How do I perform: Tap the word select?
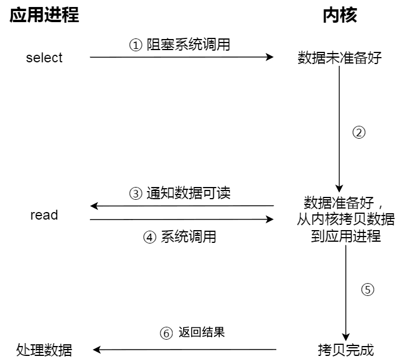point(44,58)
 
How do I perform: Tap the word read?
point(44,215)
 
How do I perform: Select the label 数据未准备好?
point(340,58)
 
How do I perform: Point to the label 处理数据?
point(44,350)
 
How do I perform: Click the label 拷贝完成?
point(346,350)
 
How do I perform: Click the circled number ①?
point(135,45)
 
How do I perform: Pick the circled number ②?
point(359,132)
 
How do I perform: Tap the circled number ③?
point(135,193)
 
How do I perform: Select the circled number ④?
point(150,237)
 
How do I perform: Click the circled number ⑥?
point(166,333)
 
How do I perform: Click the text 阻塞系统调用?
point(188,44)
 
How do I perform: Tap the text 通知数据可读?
point(188,193)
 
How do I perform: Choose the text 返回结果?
point(202,333)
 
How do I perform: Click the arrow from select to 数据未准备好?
point(181,57)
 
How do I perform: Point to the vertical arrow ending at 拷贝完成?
point(346,291)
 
